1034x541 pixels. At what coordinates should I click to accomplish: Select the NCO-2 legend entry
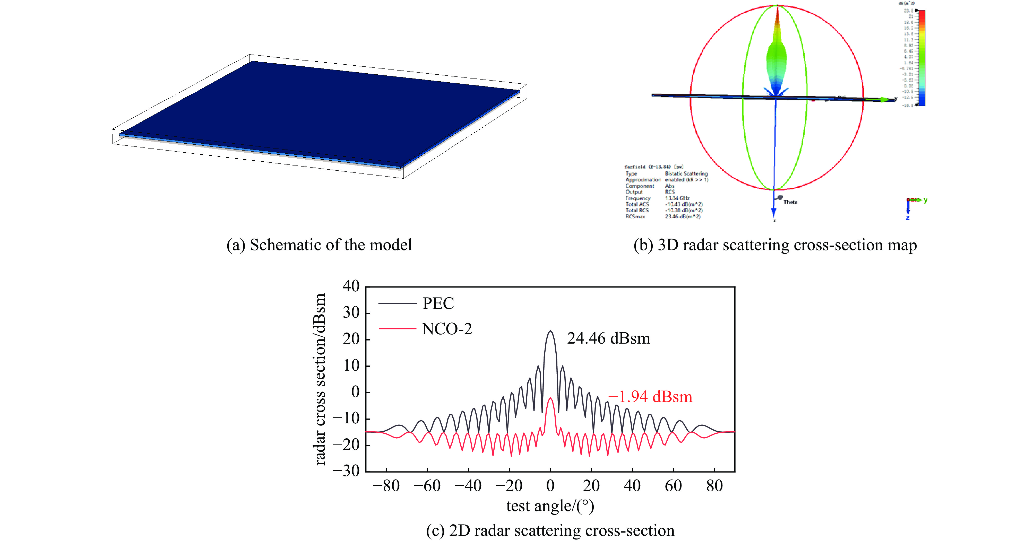(x=446, y=329)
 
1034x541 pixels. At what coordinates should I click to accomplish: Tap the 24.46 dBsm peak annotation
(x=608, y=339)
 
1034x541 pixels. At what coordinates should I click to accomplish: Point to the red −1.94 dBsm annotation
(x=650, y=397)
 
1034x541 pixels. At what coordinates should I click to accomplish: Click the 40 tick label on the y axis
(x=351, y=286)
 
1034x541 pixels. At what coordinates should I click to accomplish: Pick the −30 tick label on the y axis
(x=346, y=470)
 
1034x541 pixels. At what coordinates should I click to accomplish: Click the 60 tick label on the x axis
(x=673, y=486)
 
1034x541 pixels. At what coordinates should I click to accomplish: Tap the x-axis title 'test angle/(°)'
(x=550, y=506)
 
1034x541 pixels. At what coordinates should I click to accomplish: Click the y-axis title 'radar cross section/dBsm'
(x=320, y=379)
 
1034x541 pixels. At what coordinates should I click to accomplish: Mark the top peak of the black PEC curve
(x=550, y=331)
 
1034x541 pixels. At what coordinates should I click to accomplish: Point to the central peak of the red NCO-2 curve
(x=550, y=398)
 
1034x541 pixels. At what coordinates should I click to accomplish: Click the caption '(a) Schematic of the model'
(x=319, y=245)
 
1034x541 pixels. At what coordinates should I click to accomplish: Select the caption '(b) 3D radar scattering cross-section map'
(x=775, y=245)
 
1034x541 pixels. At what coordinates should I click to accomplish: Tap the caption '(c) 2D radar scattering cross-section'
(x=550, y=530)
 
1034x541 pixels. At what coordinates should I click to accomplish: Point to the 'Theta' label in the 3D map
(x=790, y=202)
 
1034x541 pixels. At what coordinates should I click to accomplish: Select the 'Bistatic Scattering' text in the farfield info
(x=686, y=174)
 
